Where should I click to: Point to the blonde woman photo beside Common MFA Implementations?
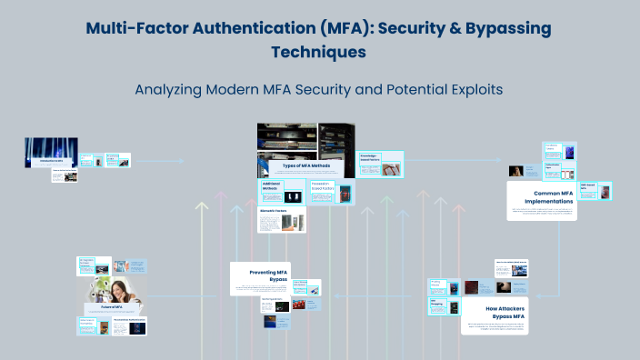pyautogui.click(x=515, y=170)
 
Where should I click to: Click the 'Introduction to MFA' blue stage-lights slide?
pyautogui.click(x=51, y=153)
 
